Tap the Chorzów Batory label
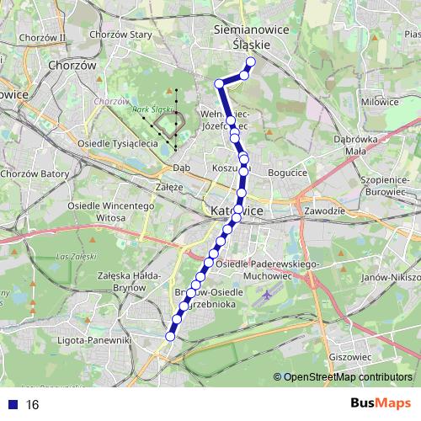[x=35, y=173]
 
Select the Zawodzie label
[x=323, y=210]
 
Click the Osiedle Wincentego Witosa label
[x=97, y=211]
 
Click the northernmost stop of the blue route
[x=250, y=61]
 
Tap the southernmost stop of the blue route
[x=170, y=336]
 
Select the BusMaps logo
[x=380, y=403]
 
